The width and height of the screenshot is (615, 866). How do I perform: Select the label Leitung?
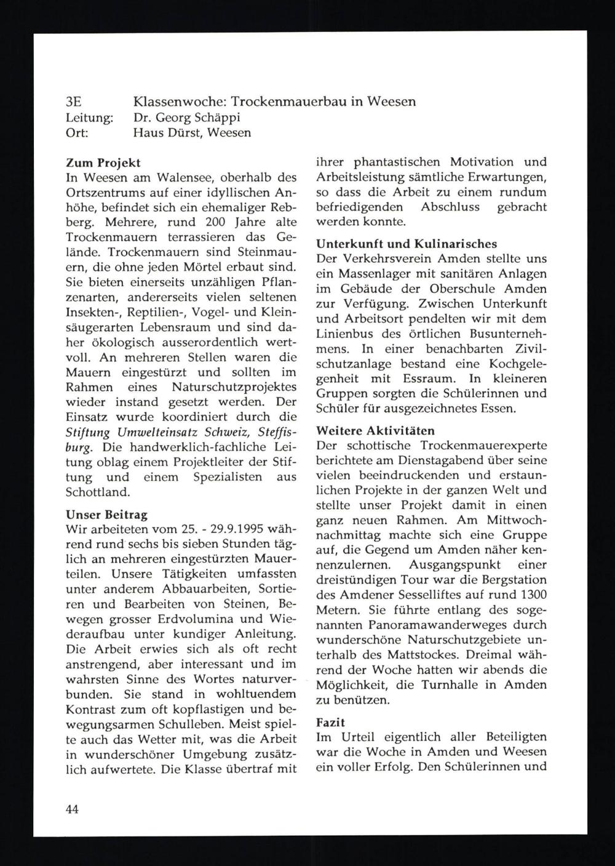89,116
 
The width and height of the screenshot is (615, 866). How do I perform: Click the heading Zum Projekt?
103,163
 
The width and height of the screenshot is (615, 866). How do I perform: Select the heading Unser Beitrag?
106,514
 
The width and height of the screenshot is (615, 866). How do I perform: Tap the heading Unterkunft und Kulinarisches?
406,244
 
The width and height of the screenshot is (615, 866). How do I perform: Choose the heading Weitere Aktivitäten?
375,430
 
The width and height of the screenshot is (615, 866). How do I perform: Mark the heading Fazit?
330,723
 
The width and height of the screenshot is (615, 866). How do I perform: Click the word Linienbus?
343,334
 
